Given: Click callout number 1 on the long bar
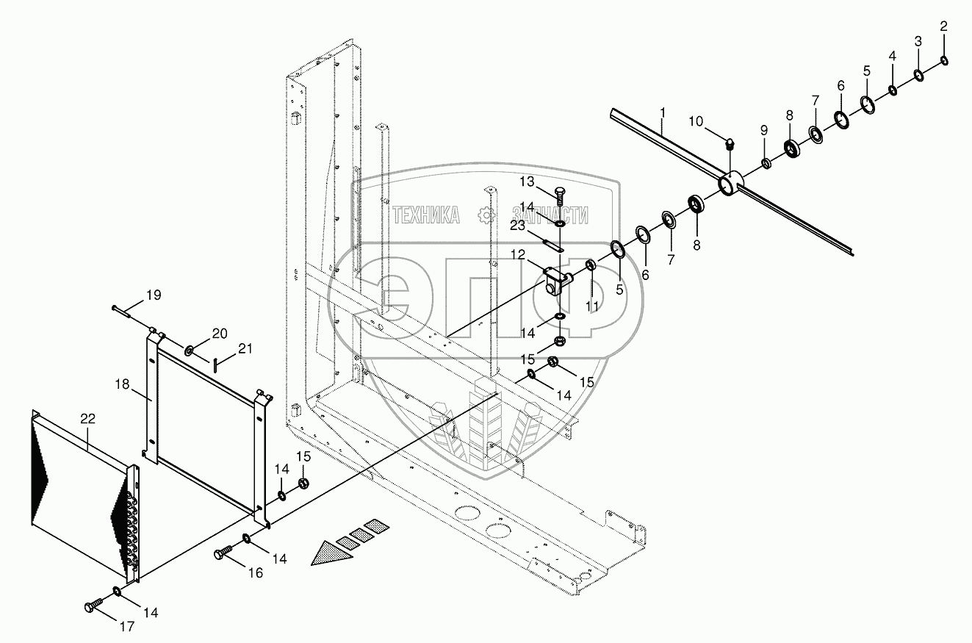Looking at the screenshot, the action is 662,113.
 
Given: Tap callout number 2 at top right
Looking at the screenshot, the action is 944,26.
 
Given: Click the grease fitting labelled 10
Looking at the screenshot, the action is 730,142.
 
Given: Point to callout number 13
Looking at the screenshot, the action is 548,182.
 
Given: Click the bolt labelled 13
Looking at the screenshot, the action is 559,197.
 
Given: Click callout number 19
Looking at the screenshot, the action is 153,295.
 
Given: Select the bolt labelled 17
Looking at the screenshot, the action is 92,606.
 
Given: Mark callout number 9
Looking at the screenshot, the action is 763,130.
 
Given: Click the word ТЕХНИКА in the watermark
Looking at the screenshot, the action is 425,215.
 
